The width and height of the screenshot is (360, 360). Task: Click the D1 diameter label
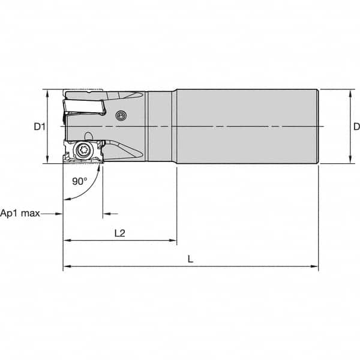tap(39, 127)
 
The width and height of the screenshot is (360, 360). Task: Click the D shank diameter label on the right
tap(356, 127)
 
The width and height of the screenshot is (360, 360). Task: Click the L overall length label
tap(190, 259)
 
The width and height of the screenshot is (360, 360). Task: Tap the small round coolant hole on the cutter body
tap(122, 116)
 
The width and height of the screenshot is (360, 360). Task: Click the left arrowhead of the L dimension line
tap(67, 266)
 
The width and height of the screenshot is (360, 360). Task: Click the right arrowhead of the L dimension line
tap(314, 266)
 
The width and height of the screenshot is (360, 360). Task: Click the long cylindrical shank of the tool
tap(246, 127)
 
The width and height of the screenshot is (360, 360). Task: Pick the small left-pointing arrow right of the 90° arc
tap(106, 214)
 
